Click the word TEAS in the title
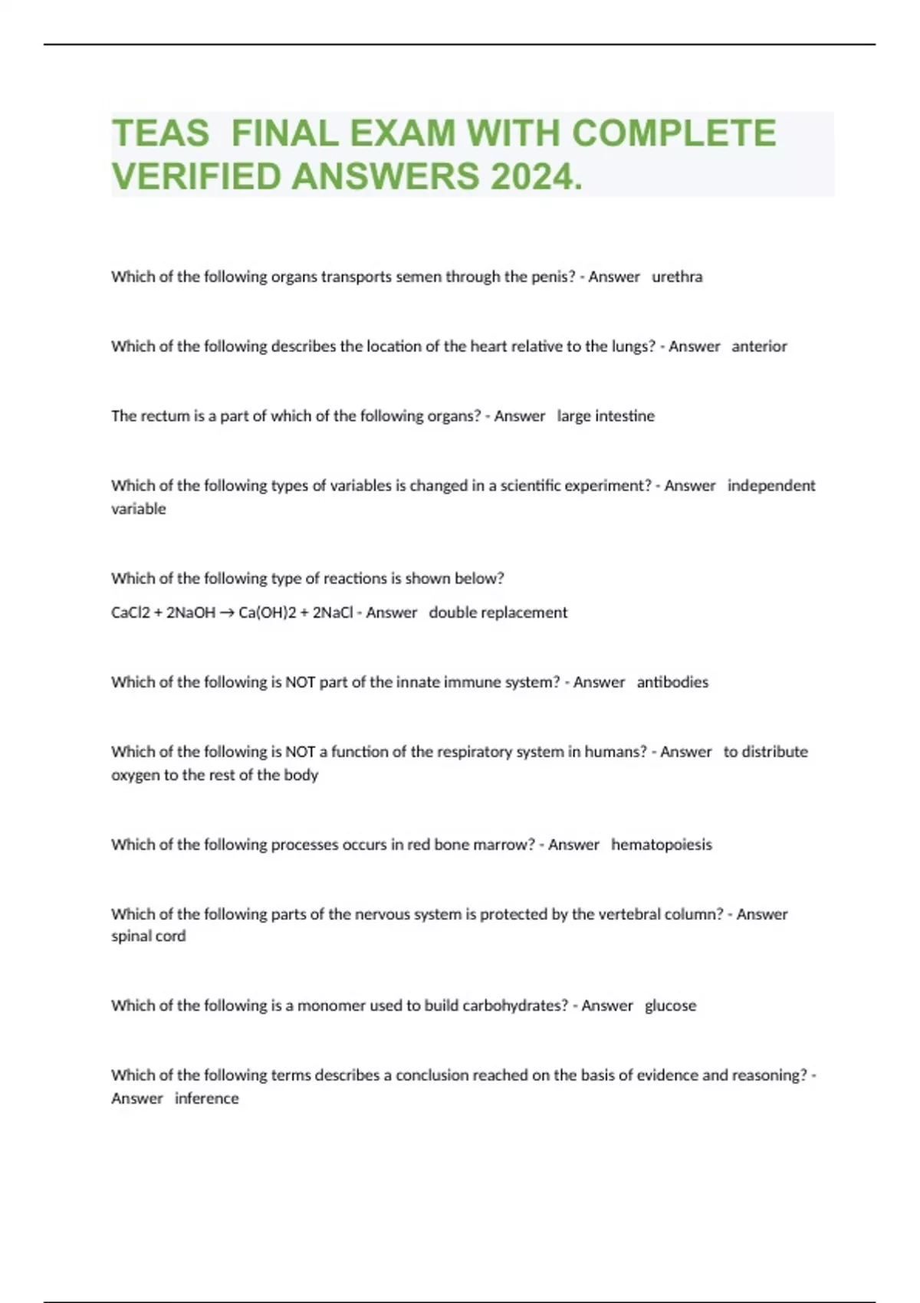click(160, 133)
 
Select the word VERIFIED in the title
click(197, 177)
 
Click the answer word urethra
click(677, 277)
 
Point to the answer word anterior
click(759, 346)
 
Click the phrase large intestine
click(606, 416)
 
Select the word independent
click(771, 486)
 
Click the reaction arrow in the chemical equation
click(227, 613)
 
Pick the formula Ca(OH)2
click(267, 613)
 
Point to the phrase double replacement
click(498, 613)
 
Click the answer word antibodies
click(672, 682)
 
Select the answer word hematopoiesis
click(662, 845)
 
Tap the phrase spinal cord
click(149, 936)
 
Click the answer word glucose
click(670, 1006)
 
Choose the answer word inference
click(206, 1098)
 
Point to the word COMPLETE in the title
click(674, 133)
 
